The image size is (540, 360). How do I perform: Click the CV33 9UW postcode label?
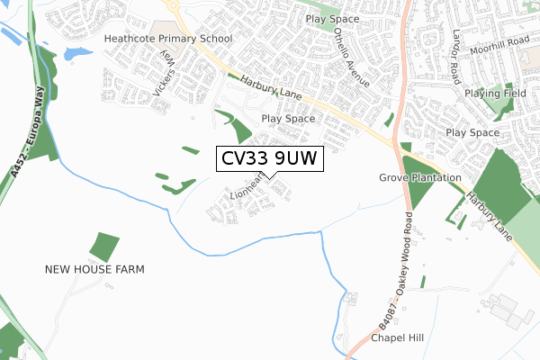point(269,159)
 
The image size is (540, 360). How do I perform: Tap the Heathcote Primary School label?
point(168,39)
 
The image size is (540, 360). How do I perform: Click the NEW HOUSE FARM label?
point(95,269)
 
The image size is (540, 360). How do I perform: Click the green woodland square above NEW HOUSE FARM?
point(104,247)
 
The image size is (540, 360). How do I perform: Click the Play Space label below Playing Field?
point(472,132)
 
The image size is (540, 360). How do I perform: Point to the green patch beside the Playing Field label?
point(497,108)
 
